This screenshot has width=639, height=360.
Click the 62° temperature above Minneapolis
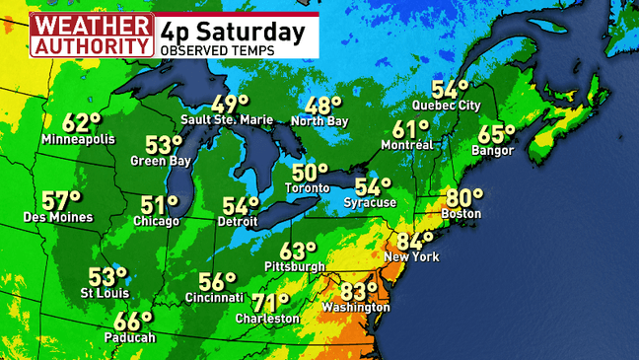[x=82, y=122]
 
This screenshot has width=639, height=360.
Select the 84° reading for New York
[x=415, y=240]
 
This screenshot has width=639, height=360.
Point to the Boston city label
[x=461, y=213]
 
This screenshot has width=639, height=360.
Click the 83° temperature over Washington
[x=359, y=291]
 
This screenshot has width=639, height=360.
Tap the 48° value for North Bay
[x=322, y=106]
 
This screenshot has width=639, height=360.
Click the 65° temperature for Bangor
[x=497, y=135]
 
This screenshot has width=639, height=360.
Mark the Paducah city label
[x=131, y=337]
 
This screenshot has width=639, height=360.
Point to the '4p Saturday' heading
[x=233, y=31]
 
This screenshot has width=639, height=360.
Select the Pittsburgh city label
[x=295, y=266]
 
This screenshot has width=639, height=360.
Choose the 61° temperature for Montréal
[x=411, y=128]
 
